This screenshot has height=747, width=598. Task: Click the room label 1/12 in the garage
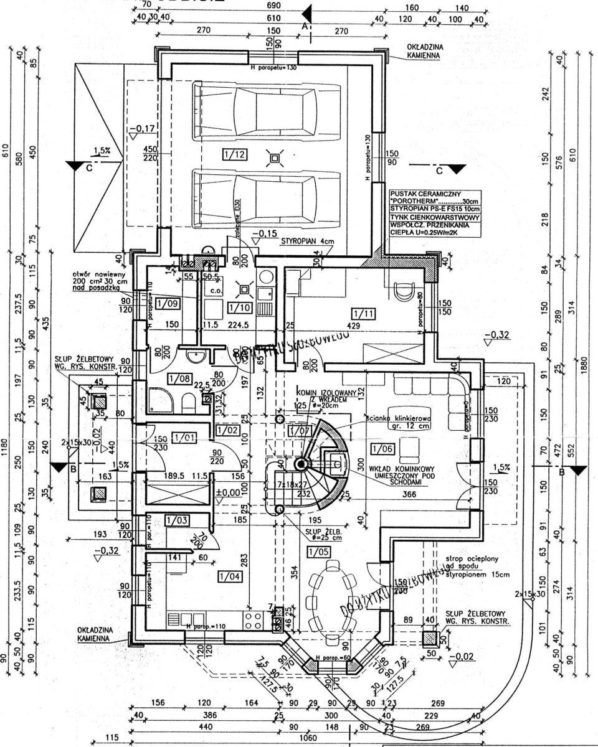pos(232,153)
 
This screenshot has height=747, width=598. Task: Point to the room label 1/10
pos(239,308)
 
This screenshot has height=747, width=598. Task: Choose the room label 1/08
pos(178,378)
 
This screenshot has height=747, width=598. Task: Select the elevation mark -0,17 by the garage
pos(143,129)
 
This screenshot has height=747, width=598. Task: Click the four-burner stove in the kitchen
pos(252,619)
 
